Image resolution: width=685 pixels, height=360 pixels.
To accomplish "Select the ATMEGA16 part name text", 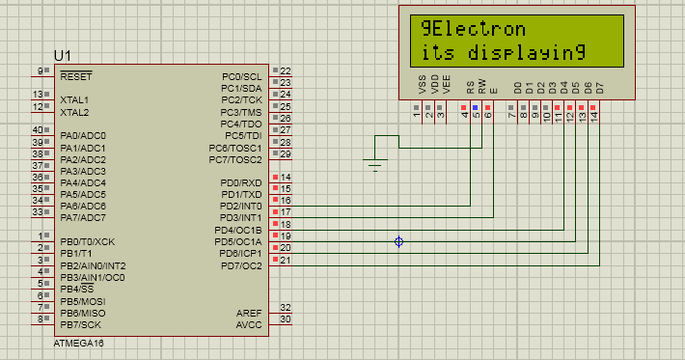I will point(78,343).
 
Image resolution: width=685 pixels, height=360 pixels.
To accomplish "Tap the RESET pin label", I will point(75,75).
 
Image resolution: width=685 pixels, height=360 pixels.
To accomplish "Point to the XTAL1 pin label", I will point(74,99).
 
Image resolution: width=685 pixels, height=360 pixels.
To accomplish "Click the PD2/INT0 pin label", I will point(241,206).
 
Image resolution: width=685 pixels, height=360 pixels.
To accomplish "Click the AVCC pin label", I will point(249,324).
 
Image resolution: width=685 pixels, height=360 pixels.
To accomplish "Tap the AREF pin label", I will point(249,313).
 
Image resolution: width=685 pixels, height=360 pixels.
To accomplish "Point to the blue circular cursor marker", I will point(398,241).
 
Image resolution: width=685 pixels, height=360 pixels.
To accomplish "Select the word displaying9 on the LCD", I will point(520,52).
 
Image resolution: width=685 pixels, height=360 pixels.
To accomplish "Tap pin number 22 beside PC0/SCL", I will point(285,71).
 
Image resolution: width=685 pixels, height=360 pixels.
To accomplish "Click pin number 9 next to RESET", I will point(41,70).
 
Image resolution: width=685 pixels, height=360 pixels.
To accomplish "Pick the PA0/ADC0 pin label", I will point(82,135).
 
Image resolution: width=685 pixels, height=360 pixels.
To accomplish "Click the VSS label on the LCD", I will point(421,86).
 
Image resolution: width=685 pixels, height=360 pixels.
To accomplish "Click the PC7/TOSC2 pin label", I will point(235,158).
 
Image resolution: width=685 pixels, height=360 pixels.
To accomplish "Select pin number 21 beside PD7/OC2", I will point(285,261).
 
